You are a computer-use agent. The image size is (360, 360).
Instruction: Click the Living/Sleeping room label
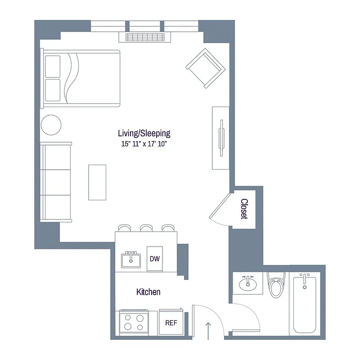pos(144,133)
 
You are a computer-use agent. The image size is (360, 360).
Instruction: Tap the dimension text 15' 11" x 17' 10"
pos(144,144)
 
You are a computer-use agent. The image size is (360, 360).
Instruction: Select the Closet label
pos(244,209)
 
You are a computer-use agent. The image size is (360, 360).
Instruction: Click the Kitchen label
pos(148,292)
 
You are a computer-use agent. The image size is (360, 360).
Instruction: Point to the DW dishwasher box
pos(154,259)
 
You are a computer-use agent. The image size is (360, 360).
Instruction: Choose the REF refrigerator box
pos(171,323)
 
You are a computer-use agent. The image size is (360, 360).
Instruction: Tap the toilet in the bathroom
pos(275,286)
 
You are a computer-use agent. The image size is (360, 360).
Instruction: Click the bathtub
pos(304,305)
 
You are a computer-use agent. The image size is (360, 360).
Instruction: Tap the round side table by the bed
pos(51,124)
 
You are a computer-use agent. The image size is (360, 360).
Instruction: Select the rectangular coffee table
pos(97,182)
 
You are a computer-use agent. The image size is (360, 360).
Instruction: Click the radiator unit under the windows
pos(145,37)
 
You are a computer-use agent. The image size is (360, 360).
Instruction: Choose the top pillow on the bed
pos(53,67)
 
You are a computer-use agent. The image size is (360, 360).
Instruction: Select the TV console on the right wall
pos(221,138)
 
